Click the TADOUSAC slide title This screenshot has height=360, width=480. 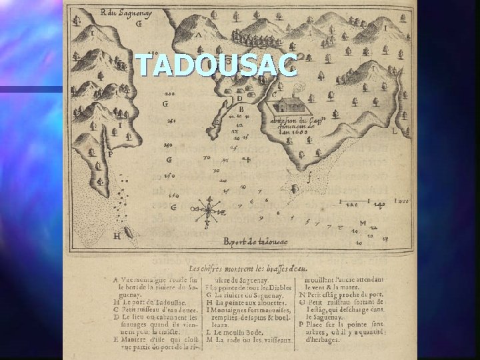pyautogui.click(x=215, y=65)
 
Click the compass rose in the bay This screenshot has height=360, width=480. pyautogui.click(x=209, y=210)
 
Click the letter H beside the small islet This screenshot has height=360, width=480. pyautogui.click(x=117, y=235)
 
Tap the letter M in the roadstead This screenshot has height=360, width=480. pyautogui.click(x=363, y=223)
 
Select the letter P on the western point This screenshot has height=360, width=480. pyautogui.click(x=110, y=155)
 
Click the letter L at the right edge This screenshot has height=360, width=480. pyautogui.click(x=395, y=132)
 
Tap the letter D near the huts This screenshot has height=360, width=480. pyautogui.click(x=239, y=99)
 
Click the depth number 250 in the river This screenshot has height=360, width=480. pyautogui.click(x=169, y=145)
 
